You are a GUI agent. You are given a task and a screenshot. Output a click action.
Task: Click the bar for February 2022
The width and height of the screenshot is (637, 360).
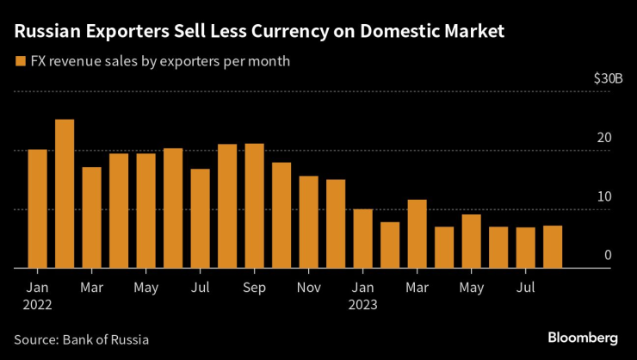pos(65,194)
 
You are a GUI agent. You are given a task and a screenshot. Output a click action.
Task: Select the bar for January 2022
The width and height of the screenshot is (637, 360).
pos(38,208)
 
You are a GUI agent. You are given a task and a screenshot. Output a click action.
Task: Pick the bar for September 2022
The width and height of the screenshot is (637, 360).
pos(255,206)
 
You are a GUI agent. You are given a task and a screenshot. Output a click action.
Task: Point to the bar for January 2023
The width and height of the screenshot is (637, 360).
pos(363,239)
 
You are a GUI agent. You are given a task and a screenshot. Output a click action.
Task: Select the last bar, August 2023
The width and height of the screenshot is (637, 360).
pos(553,247)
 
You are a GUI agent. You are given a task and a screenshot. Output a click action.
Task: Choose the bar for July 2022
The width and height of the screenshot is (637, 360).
pos(201,219)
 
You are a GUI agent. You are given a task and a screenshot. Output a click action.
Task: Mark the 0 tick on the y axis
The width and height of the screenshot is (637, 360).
pos(607,255)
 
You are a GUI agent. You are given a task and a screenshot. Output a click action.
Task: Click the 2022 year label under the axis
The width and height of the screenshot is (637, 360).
pos(38,303)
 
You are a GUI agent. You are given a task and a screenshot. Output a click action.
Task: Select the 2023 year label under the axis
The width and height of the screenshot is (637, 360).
pos(363,303)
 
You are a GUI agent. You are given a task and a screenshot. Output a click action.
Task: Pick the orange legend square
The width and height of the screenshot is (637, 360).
pos(20,61)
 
